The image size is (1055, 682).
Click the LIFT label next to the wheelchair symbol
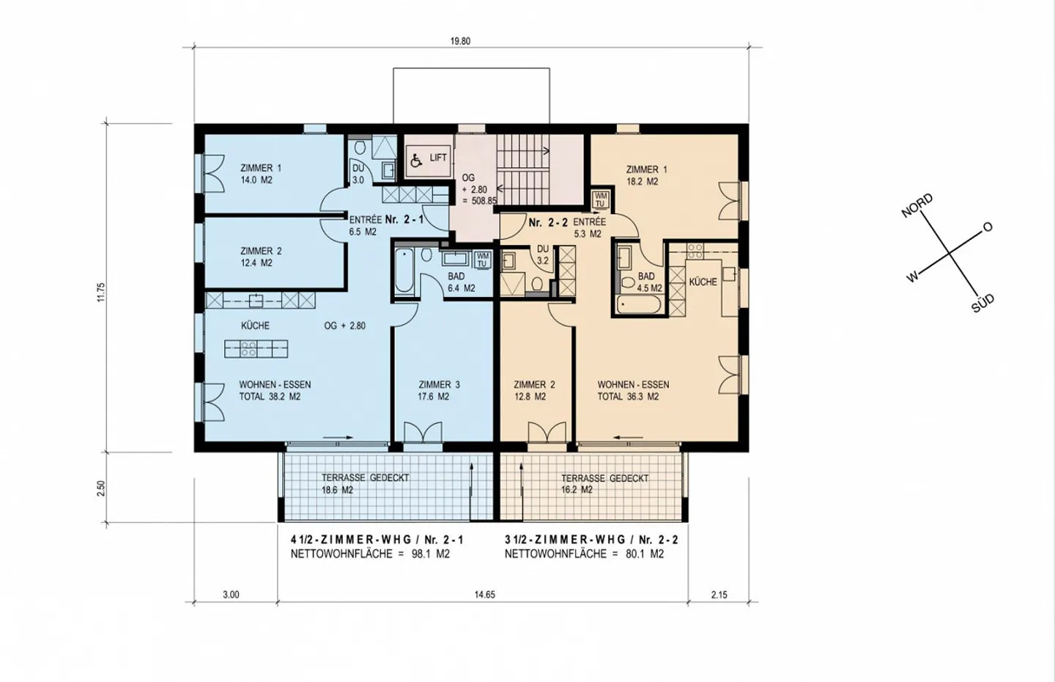[x=438, y=158]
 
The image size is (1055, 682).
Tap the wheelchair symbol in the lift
[x=416, y=160]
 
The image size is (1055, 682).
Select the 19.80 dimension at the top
[x=460, y=42]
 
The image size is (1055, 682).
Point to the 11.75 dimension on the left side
[x=102, y=292]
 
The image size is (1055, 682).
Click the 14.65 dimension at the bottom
[x=484, y=595]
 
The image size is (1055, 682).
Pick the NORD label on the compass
[x=917, y=206]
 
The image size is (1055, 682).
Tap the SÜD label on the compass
[x=982, y=303]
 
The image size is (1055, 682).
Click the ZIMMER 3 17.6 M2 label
[x=439, y=390]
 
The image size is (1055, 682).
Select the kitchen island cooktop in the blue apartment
[x=248, y=349]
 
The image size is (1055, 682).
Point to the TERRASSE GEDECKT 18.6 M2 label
[x=365, y=483]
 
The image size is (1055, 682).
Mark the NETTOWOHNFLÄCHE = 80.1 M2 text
[x=584, y=554]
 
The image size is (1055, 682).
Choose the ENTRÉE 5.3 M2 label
[x=588, y=228]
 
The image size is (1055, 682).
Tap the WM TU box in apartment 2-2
[x=600, y=199]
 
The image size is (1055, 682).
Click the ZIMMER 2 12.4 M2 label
[x=261, y=257]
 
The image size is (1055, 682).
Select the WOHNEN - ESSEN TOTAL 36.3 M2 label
[x=632, y=390]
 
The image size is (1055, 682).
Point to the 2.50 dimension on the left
[x=102, y=488]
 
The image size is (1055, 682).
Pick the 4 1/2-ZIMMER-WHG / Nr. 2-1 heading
[x=377, y=540]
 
